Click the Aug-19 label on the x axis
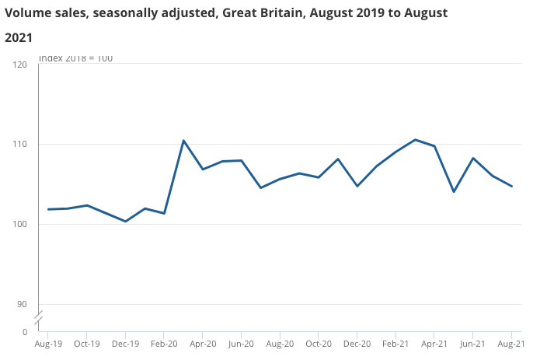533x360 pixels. coord(48,343)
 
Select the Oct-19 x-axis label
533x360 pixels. coord(86,343)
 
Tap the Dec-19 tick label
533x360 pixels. coord(125,343)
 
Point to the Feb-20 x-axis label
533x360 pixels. coord(164,343)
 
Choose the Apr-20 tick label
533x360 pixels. coord(203,343)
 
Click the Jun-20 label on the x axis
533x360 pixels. coord(241,343)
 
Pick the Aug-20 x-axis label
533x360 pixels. coord(280,343)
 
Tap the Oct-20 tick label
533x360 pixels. coord(319,343)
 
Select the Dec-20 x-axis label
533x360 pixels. coord(357,343)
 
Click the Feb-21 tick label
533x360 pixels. coord(395,343)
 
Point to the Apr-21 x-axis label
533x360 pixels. coord(434,343)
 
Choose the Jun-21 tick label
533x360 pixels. coord(472,343)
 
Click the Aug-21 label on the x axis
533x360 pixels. coord(510,343)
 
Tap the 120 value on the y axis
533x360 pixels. coord(21,65)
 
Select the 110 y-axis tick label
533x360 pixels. coord(21,145)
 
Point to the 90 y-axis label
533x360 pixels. coord(23,304)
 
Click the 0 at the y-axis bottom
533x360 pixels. coord(25,332)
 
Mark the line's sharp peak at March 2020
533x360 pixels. coord(183,141)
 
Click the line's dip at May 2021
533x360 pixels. coord(454,191)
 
